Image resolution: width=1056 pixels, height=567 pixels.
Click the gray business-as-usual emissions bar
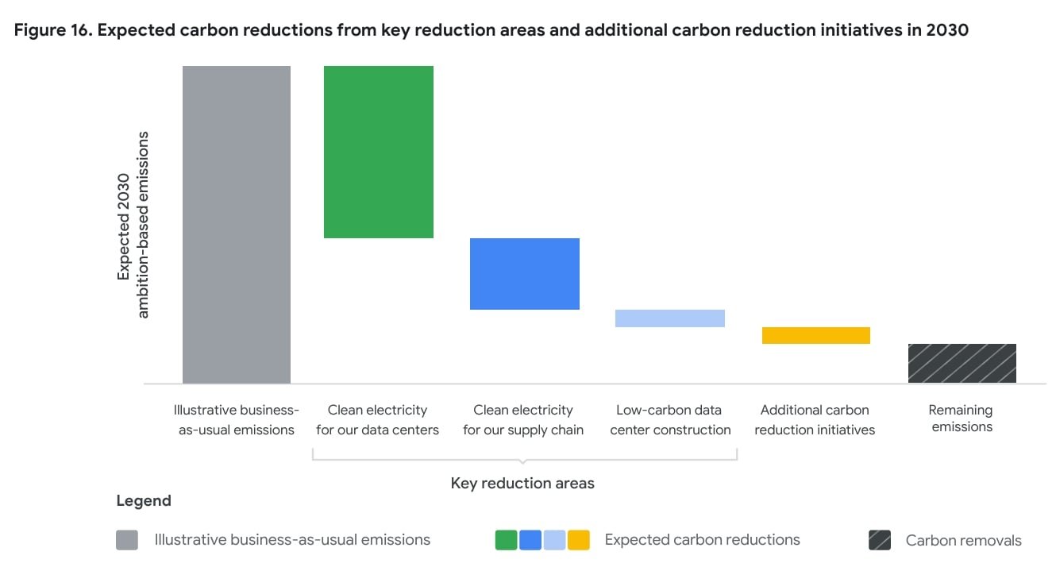tap(237, 225)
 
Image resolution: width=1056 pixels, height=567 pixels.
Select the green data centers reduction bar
tap(379, 152)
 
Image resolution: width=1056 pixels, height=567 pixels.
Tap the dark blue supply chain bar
tap(525, 274)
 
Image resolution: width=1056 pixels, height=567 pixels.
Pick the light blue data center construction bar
tap(670, 318)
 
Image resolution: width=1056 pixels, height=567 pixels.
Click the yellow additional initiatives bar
tap(816, 335)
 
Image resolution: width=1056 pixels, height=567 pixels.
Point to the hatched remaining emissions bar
tap(962, 364)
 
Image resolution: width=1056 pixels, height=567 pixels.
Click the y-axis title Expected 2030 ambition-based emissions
tap(133, 225)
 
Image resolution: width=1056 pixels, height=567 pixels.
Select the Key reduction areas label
tap(522, 483)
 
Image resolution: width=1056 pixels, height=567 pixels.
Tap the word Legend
tap(144, 501)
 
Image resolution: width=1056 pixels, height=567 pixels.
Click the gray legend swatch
tap(127, 540)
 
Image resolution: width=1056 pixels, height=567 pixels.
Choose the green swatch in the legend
tap(507, 540)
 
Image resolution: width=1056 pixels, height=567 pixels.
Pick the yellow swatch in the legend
tap(579, 540)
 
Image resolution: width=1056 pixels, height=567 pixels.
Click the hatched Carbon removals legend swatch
tap(880, 541)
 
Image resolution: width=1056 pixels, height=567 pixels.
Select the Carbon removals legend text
tap(963, 541)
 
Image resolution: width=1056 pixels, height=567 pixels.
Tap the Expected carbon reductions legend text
tap(703, 540)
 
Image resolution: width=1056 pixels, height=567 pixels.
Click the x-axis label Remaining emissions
tap(961, 418)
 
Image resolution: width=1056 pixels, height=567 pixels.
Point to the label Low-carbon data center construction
tap(670, 420)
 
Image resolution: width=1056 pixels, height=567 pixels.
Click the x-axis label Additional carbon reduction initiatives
tap(815, 420)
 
